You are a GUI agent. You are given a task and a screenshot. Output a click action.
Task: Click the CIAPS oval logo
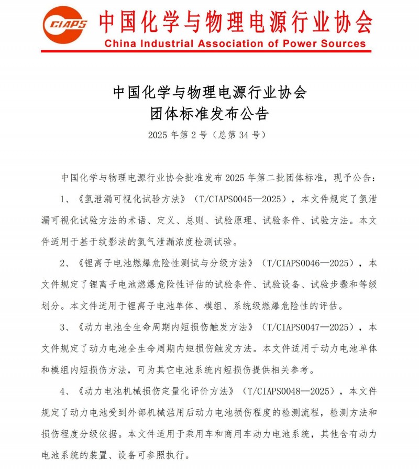(65, 24)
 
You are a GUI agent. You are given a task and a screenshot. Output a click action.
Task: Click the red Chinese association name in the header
(235, 21)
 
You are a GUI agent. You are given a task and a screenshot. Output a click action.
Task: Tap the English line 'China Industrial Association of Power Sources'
(235, 43)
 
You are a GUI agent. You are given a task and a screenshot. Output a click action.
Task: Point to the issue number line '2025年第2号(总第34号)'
(210, 135)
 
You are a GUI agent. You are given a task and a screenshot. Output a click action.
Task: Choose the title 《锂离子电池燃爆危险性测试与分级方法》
(167, 263)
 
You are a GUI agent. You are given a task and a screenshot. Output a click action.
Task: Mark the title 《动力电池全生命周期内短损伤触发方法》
(167, 327)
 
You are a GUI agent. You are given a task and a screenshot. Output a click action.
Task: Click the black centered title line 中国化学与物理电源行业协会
(210, 93)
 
